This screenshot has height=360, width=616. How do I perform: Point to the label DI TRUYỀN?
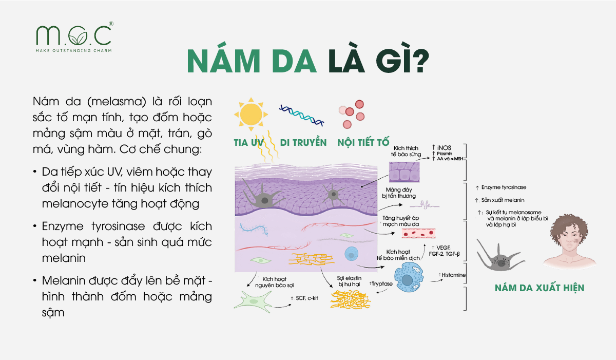pos(303,142)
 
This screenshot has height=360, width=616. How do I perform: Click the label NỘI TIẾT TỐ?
pos(362,142)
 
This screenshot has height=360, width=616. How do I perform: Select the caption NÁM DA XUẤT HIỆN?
pos(540,288)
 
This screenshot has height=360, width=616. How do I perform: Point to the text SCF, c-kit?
pos(307,298)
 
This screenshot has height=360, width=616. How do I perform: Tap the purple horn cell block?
pos(405,172)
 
